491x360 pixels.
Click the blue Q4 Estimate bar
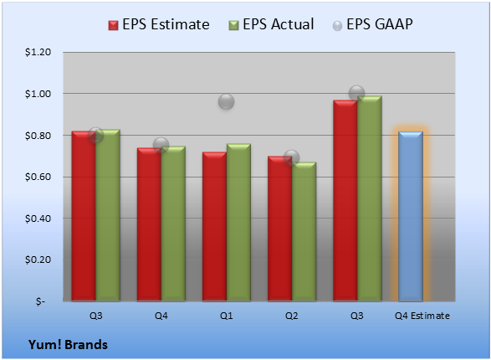click(411, 216)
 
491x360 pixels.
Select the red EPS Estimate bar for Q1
click(214, 227)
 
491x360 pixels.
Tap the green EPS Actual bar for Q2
click(304, 232)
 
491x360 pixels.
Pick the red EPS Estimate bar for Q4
click(149, 224)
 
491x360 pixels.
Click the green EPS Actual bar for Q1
click(238, 223)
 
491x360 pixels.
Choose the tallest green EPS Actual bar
click(370, 198)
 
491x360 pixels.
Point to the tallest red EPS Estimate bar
click(345, 201)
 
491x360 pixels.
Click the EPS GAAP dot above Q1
click(226, 101)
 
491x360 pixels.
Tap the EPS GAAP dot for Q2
click(292, 157)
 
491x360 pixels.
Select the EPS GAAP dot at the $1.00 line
click(356, 93)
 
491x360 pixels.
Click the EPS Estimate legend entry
click(159, 24)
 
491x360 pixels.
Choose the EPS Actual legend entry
click(271, 24)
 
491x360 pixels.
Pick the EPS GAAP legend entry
click(372, 24)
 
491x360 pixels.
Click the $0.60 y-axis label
click(38, 177)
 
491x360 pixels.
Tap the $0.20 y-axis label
click(38, 260)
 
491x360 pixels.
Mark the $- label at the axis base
click(40, 301)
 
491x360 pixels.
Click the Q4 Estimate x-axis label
click(422, 316)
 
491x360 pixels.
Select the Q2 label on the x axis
click(292, 316)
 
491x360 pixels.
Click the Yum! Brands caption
click(68, 345)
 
